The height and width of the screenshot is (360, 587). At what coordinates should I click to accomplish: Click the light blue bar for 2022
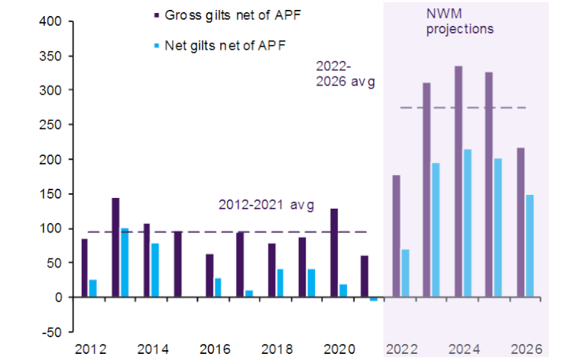[x=405, y=273]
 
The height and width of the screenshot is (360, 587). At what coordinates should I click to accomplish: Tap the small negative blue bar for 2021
[x=373, y=299]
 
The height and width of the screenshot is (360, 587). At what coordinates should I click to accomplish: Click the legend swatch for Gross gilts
[x=157, y=14]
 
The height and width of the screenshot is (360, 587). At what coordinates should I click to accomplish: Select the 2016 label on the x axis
[x=216, y=349]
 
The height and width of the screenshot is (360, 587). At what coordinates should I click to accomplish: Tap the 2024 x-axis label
[x=465, y=349]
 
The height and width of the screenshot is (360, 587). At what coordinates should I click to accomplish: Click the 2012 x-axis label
[x=91, y=349]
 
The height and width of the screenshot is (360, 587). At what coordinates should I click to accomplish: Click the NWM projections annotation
[x=459, y=21]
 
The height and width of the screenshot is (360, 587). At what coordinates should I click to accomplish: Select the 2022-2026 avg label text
[x=345, y=73]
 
